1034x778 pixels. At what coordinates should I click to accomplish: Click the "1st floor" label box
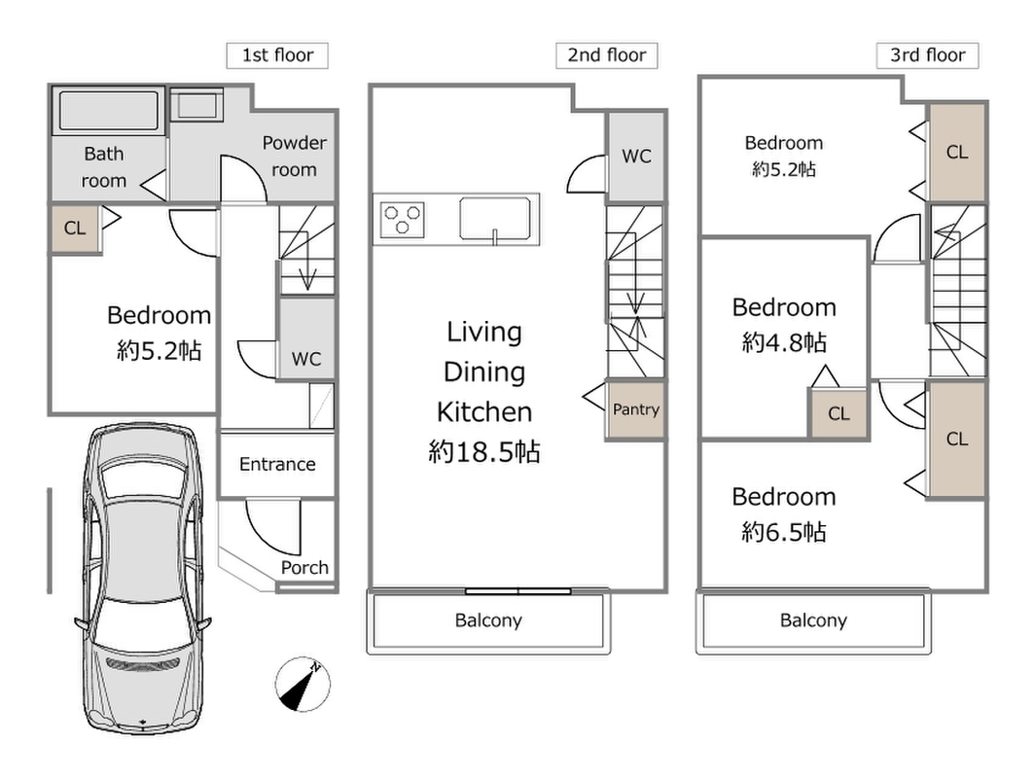click(x=277, y=55)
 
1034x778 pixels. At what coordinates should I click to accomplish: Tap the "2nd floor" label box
click(x=607, y=55)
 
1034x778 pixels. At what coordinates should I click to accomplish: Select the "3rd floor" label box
click(x=927, y=55)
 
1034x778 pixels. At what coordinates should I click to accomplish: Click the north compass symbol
click(x=303, y=685)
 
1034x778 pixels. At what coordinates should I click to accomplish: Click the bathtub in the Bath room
click(x=109, y=110)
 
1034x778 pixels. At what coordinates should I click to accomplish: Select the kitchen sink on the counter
click(x=495, y=218)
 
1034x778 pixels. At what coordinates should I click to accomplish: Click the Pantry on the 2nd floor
click(x=636, y=410)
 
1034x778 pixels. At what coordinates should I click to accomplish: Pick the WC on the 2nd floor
click(x=636, y=157)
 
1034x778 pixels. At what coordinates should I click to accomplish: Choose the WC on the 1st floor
click(x=306, y=339)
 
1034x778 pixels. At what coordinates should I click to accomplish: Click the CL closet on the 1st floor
click(x=75, y=229)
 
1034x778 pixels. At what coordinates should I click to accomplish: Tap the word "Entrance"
click(x=277, y=464)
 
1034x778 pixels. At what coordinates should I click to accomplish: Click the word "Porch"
click(x=304, y=568)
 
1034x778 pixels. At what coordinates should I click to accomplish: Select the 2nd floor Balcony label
click(x=488, y=620)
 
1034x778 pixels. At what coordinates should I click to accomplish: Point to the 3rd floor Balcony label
click(x=813, y=620)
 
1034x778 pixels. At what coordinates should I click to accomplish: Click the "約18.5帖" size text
click(x=484, y=452)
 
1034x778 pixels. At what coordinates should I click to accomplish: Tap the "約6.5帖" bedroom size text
click(x=784, y=531)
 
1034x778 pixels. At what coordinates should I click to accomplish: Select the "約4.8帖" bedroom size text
click(x=784, y=342)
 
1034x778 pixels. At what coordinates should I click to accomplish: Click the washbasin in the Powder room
click(x=196, y=105)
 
